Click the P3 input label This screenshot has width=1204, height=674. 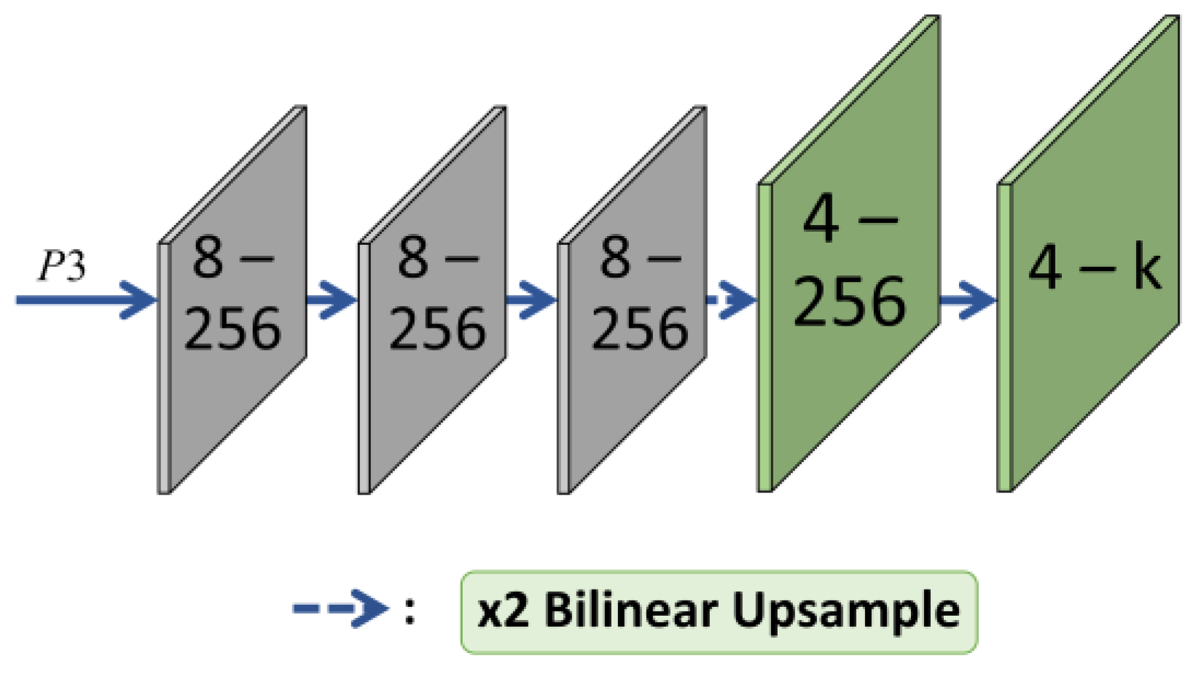(x=62, y=266)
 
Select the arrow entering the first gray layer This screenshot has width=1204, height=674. (x=87, y=299)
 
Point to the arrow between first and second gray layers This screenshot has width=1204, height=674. (x=332, y=299)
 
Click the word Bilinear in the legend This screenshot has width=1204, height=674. (x=630, y=610)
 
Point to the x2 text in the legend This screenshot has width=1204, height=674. (x=502, y=611)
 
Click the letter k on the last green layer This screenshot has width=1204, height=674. (x=1146, y=267)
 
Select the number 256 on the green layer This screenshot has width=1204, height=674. (x=850, y=301)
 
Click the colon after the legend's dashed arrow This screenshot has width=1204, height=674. (x=410, y=611)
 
